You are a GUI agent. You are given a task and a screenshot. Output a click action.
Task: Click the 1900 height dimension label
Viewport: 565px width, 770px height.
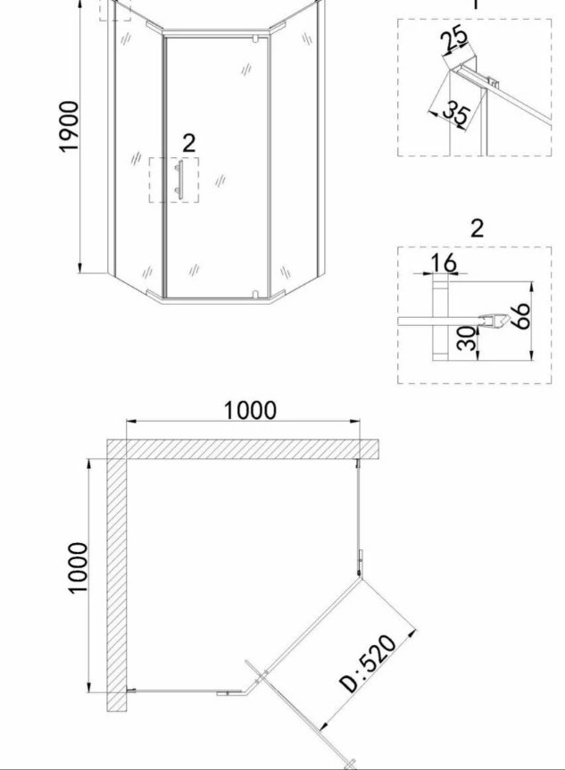pos(68,127)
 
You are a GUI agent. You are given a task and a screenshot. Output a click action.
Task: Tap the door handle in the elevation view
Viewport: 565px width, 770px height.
pos(179,180)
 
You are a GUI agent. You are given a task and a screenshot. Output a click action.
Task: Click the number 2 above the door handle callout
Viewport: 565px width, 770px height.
pos(189,143)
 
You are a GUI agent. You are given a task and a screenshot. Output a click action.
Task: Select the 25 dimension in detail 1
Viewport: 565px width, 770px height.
pos(454,41)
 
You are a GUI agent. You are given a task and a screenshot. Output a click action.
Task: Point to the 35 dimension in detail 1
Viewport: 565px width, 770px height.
pos(456,113)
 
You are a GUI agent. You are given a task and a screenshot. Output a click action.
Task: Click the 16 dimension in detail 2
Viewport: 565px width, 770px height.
pos(444,263)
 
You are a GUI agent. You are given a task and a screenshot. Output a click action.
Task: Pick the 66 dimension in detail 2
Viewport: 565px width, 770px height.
pos(521,315)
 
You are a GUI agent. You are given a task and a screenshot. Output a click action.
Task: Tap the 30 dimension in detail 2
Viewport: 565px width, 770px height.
pos(467,339)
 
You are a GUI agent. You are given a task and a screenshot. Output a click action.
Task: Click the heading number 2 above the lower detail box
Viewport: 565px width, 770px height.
pos(477,229)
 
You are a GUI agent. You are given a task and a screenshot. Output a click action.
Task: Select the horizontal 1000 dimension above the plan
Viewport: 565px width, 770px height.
pos(250,410)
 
